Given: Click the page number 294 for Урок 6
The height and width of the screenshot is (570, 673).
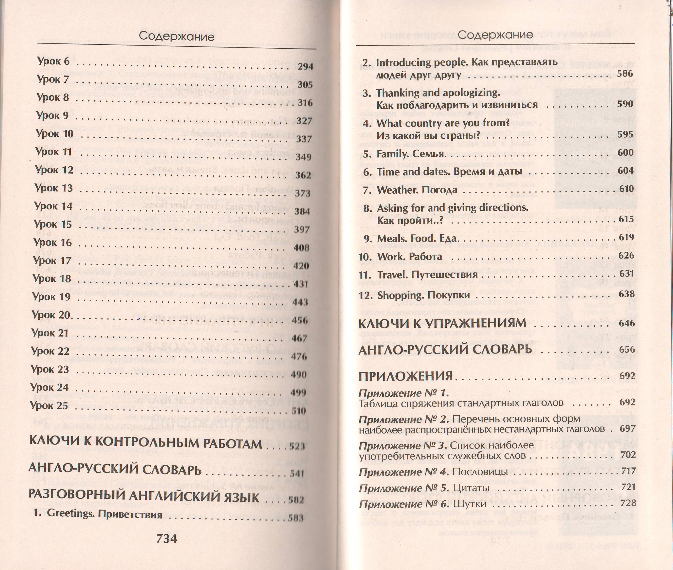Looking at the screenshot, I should point(305,67).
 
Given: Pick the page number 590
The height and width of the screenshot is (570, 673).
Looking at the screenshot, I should point(625,104).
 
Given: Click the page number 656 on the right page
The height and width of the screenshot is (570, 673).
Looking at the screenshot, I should point(627,350).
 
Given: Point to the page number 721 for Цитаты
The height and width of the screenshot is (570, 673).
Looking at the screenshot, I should point(628,487).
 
